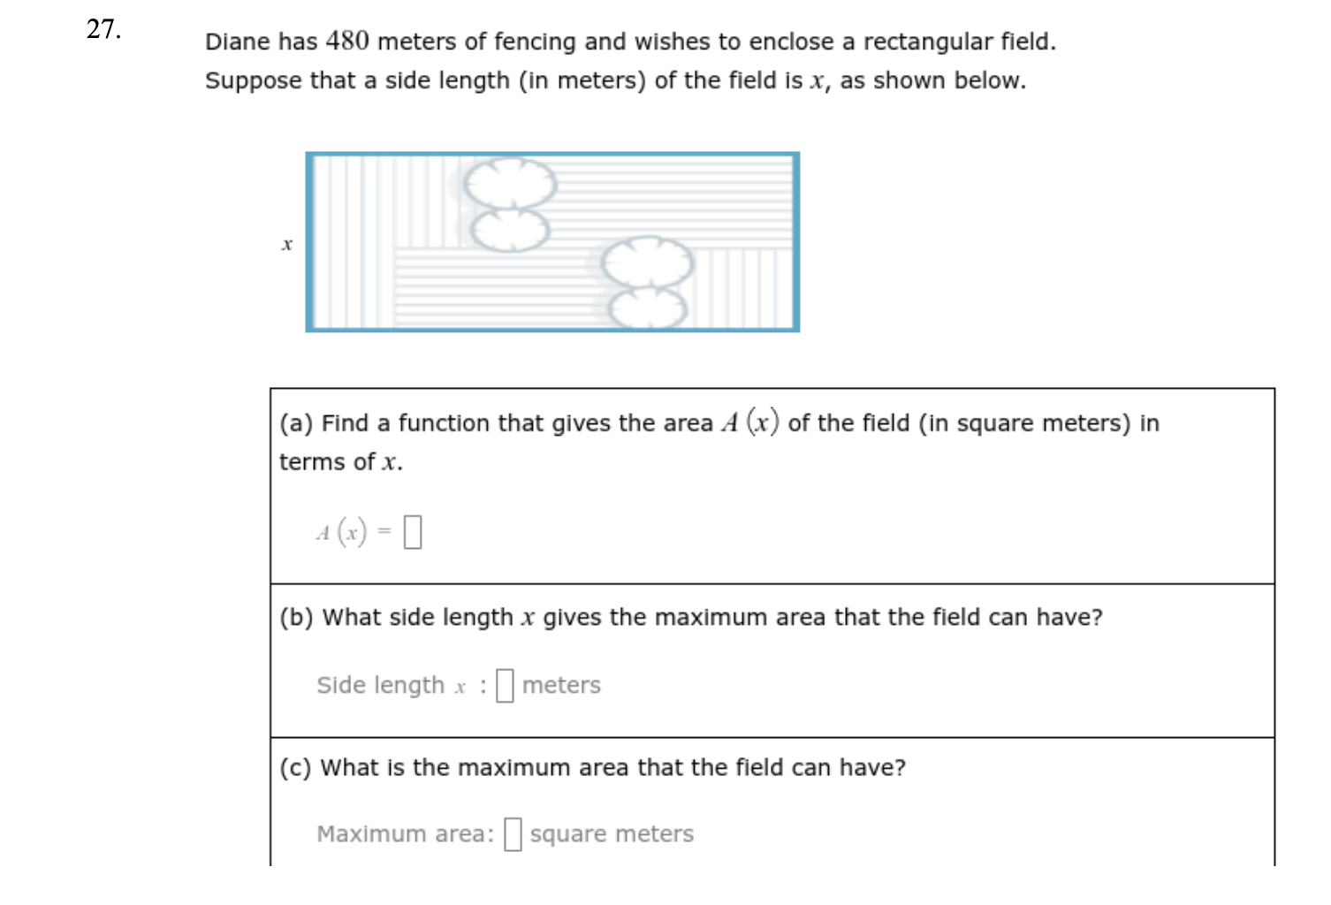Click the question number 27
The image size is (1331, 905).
[x=103, y=29]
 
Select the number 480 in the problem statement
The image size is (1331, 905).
[x=347, y=41]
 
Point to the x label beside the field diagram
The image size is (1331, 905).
[x=286, y=244]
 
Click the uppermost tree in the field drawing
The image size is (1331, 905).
[x=510, y=183]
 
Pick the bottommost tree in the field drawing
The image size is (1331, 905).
[x=648, y=308]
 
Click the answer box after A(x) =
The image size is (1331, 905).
[x=413, y=532]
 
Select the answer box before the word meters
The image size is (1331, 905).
[x=505, y=685]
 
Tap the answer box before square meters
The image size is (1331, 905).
[x=513, y=833]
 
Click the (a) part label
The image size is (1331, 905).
[x=296, y=423]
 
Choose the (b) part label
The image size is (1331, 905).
[x=296, y=617]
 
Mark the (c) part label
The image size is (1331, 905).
[x=295, y=767]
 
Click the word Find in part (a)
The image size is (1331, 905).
[x=345, y=423]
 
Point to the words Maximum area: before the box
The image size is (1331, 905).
[x=405, y=833]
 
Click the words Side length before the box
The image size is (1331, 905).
[x=380, y=685]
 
